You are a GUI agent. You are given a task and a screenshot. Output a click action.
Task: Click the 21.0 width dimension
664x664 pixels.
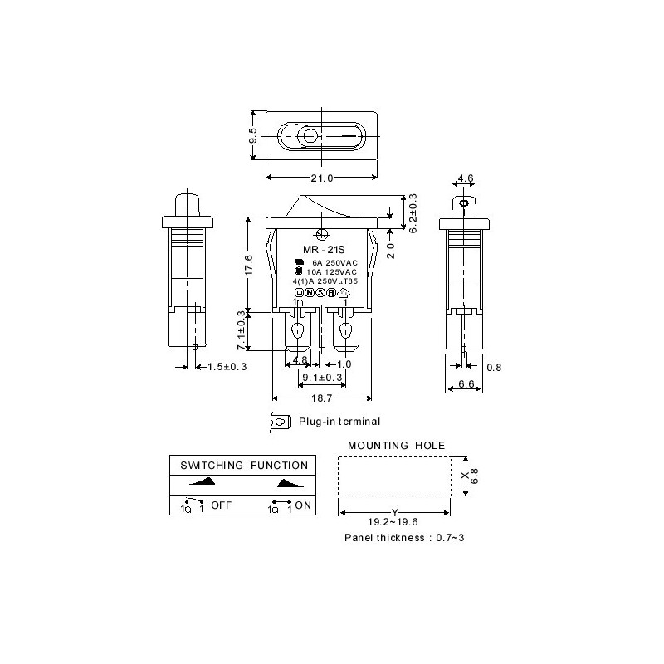click(x=321, y=178)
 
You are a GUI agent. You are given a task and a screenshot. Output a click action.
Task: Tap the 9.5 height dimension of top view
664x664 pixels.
click(x=253, y=136)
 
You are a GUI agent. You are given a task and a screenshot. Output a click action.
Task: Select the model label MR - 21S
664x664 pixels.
click(x=322, y=250)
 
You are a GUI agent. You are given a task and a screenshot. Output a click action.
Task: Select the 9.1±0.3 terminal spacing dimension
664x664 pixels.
click(x=320, y=378)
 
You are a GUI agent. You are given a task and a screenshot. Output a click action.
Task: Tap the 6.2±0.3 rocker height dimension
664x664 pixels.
click(x=413, y=212)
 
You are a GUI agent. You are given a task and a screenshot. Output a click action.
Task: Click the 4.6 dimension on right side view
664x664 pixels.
click(x=465, y=178)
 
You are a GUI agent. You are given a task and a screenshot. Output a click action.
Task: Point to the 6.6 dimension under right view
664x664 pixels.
click(x=465, y=385)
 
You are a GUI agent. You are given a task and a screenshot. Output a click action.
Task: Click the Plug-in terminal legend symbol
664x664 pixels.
click(x=281, y=422)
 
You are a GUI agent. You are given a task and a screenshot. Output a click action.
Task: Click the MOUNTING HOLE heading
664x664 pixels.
click(x=384, y=446)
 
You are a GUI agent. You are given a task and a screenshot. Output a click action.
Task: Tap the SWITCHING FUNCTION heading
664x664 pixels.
click(x=243, y=466)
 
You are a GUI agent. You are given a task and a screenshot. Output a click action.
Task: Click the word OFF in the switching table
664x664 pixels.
click(x=221, y=505)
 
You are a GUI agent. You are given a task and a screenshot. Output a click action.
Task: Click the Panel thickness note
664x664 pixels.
click(x=404, y=538)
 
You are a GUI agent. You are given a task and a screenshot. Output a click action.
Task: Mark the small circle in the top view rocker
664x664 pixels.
click(x=310, y=137)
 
